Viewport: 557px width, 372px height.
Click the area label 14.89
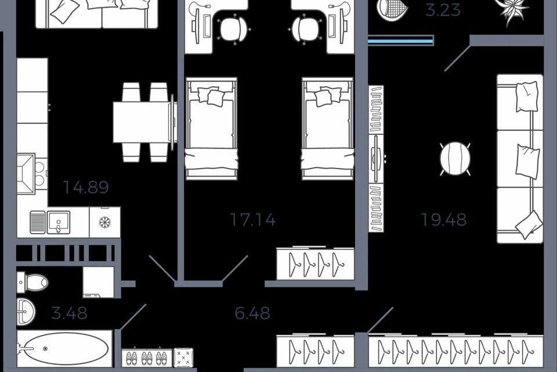pos(86,187)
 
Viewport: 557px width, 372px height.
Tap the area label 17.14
pos(252,220)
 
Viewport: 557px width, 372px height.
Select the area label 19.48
pos(443,220)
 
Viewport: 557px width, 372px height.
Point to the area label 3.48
pos(69,314)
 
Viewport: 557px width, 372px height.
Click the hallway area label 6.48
pos(252,314)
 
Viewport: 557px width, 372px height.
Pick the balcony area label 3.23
pos(443,10)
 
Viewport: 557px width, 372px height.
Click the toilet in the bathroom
pos(34,283)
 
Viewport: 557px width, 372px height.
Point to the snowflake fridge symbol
pos(105,223)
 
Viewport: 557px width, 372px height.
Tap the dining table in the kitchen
pos(142,121)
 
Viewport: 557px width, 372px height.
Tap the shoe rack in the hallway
pos(147,357)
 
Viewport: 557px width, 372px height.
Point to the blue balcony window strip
pos(401,40)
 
